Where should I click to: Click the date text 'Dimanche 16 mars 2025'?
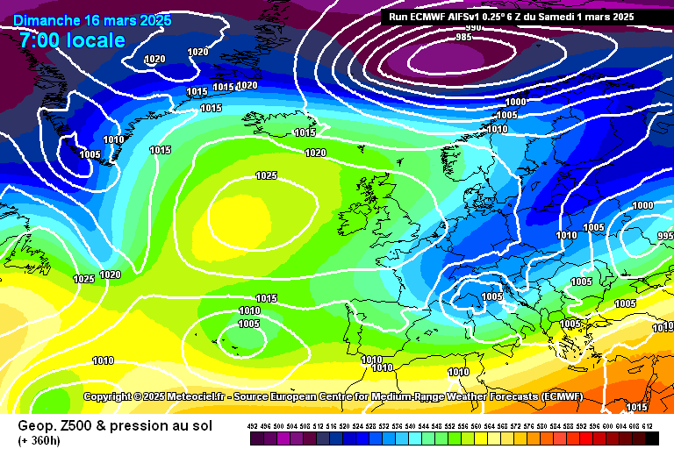click(x=92, y=20)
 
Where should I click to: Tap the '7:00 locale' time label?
click(x=72, y=40)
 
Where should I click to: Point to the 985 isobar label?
click(x=464, y=37)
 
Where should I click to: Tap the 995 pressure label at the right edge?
click(x=664, y=237)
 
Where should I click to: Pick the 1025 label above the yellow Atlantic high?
click(x=267, y=175)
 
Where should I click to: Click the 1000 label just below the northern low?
click(x=515, y=102)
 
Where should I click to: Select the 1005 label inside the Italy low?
click(x=491, y=296)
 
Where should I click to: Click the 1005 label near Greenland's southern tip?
click(x=90, y=154)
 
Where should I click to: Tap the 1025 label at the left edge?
click(x=83, y=279)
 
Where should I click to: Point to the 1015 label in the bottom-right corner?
click(x=637, y=407)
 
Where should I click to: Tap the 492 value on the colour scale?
click(x=253, y=425)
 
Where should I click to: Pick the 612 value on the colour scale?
click(x=647, y=425)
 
